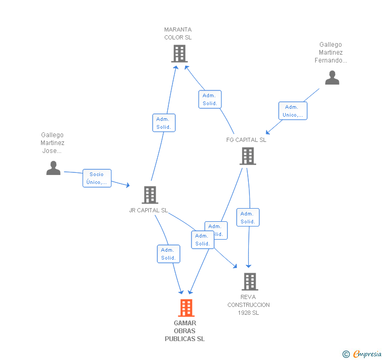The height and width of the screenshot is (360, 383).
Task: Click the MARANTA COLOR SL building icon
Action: (179, 54)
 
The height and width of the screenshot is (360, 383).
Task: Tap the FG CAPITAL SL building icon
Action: (248, 156)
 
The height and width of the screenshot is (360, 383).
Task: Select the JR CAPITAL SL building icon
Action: (150, 195)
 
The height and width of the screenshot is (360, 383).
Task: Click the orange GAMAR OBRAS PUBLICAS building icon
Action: (186, 308)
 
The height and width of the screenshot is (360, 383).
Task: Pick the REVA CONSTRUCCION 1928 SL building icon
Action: (250, 282)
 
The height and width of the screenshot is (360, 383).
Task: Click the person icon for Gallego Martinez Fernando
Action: (332, 78)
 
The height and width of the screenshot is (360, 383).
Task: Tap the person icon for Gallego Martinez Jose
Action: (53, 168)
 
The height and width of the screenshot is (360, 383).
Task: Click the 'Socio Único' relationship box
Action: (97, 179)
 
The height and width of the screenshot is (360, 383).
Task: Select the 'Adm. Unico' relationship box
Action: (292, 111)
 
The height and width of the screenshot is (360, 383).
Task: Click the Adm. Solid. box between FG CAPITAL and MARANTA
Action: (210, 99)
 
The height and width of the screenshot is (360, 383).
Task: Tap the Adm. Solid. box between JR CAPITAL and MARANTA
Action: (164, 123)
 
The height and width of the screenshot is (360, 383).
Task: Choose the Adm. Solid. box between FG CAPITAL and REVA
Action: (248, 218)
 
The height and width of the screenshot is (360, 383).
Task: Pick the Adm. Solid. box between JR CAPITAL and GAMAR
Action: (168, 254)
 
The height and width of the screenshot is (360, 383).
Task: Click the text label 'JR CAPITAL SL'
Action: (148, 210)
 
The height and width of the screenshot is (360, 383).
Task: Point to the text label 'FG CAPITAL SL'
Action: (246, 140)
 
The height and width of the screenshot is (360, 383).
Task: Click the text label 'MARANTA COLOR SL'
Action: (178, 34)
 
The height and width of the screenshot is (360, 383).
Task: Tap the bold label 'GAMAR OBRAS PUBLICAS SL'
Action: (185, 331)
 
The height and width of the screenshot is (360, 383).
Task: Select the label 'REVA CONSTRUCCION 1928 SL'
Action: (248, 305)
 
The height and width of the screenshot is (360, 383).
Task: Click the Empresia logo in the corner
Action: (367, 354)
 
